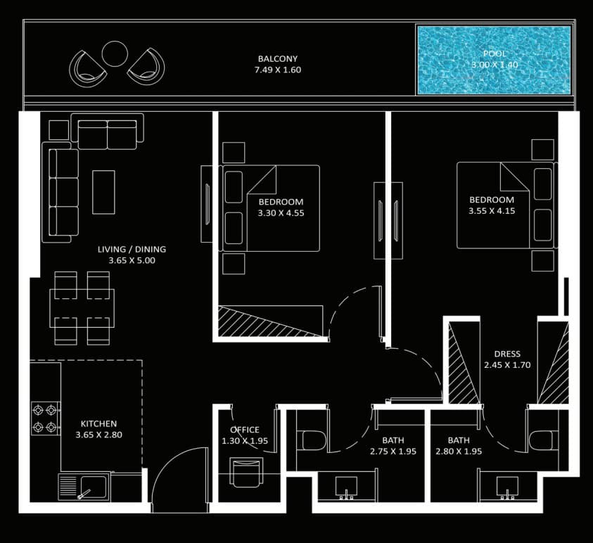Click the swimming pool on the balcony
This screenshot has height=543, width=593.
click(494, 60)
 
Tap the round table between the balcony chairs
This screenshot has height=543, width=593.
click(115, 53)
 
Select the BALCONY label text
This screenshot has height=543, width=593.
click(278, 58)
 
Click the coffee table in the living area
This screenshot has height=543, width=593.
click(103, 192)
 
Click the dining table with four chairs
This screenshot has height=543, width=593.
click(82, 308)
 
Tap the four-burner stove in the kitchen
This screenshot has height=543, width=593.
click(46, 419)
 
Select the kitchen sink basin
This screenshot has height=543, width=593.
click(94, 487)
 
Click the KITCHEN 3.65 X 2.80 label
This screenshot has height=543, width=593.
click(98, 429)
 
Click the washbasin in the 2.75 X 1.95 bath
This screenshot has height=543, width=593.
click(346, 487)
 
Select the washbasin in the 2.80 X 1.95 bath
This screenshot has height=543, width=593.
click(507, 487)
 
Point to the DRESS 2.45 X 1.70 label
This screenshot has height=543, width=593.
click(507, 359)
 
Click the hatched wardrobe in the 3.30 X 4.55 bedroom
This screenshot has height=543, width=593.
click(270, 321)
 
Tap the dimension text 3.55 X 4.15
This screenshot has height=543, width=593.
click(492, 211)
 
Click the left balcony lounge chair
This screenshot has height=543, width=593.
click(87, 68)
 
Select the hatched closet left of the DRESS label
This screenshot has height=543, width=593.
click(464, 363)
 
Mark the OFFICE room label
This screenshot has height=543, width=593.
click(245, 430)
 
